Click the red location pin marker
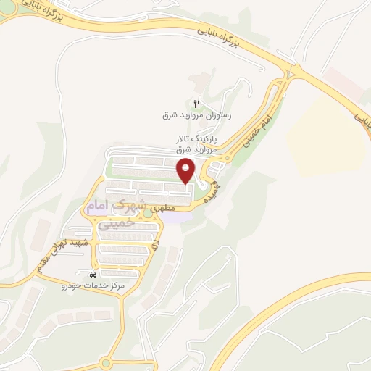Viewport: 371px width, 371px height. click(x=187, y=171)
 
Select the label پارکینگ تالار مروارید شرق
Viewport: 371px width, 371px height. click(x=195, y=143)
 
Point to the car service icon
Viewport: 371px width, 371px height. click(x=93, y=276)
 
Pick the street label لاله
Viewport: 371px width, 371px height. click(x=155, y=246)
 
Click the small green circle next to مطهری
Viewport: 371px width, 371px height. click(x=148, y=212)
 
